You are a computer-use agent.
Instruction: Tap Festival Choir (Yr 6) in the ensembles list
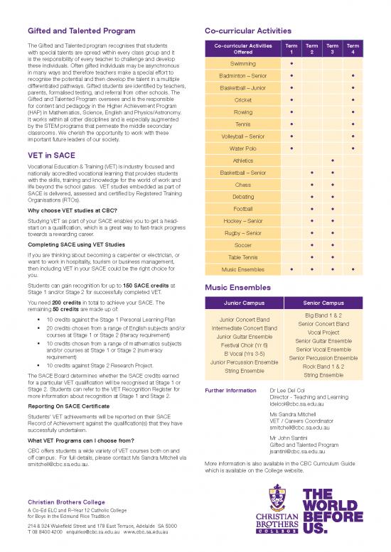[x=243, y=345]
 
